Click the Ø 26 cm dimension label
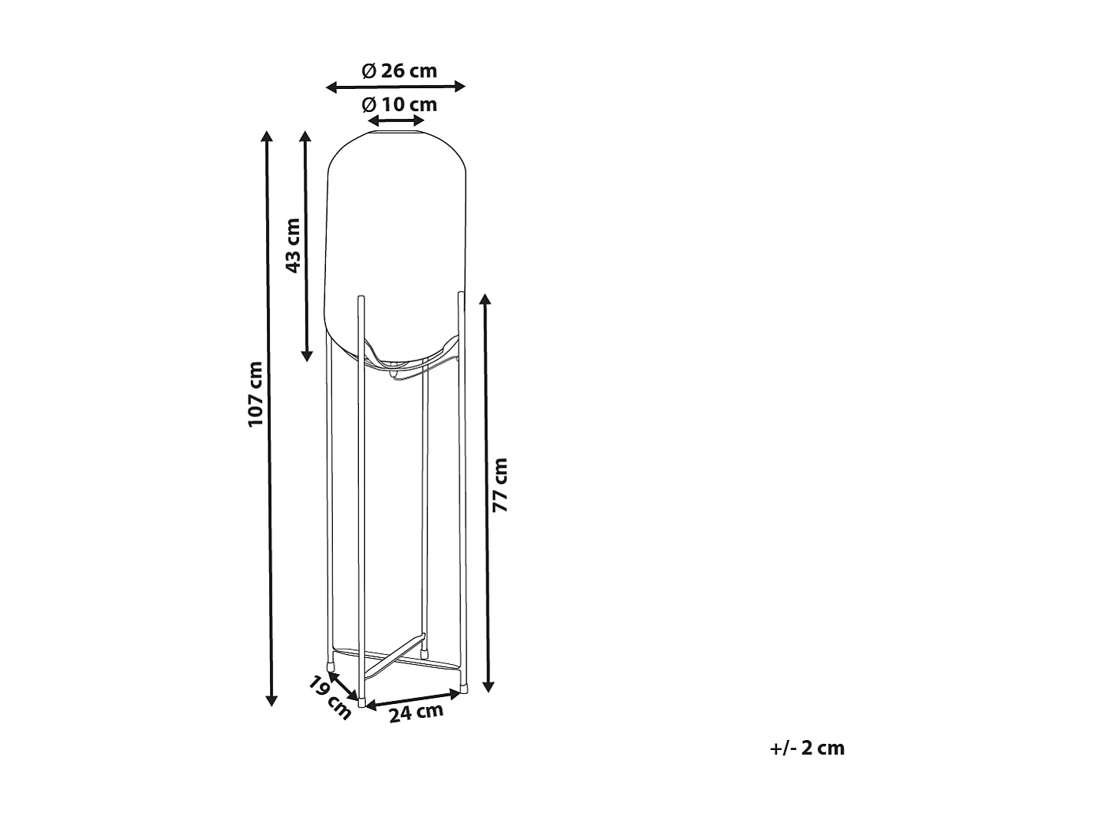coord(400,71)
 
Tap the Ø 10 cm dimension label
coord(400,104)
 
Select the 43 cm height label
coord(293,245)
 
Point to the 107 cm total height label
coord(255,394)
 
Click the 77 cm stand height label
coord(499,485)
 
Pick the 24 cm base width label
coord(416,712)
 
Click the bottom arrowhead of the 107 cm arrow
coord(271,700)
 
